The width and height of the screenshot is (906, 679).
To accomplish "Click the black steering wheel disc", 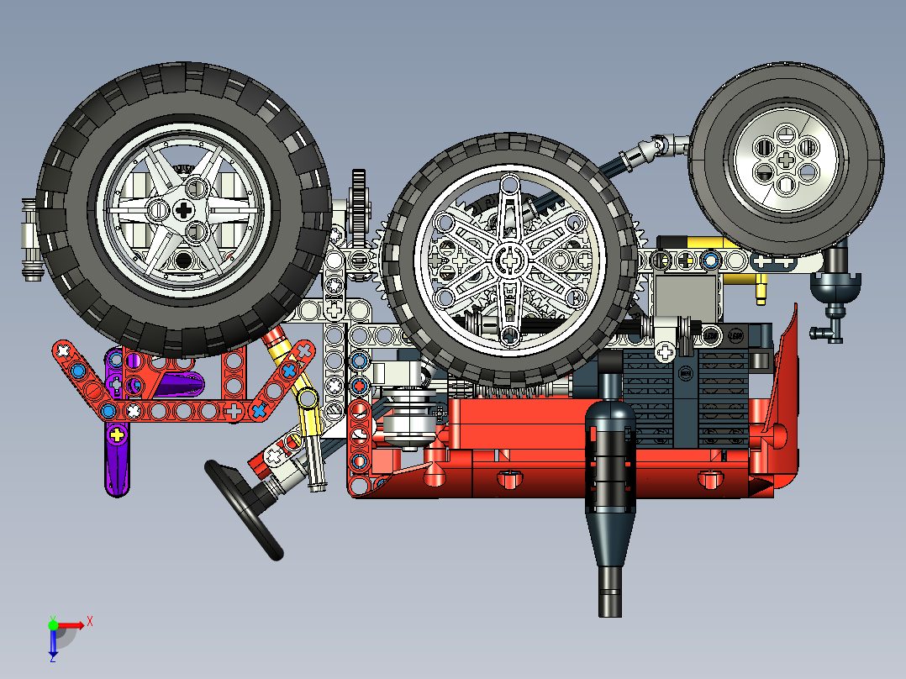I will pyautogui.click(x=243, y=508).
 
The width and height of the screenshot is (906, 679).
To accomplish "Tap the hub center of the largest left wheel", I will pyautogui.click(x=183, y=210).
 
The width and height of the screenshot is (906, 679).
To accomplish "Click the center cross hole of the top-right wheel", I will pyautogui.click(x=786, y=158).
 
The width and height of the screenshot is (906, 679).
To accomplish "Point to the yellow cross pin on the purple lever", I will pyautogui.click(x=117, y=434).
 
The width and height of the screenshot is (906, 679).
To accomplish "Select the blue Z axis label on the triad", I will pyautogui.click(x=52, y=658).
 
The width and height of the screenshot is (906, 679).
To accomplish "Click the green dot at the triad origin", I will pyautogui.click(x=53, y=624).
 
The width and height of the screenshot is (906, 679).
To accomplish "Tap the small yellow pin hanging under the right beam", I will pyautogui.click(x=761, y=290).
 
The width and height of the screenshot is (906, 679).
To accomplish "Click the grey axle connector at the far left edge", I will pyautogui.click(x=29, y=239).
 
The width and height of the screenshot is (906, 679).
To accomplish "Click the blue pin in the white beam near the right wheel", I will pyautogui.click(x=711, y=260).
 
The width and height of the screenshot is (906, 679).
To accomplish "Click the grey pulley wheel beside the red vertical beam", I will pyautogui.click(x=409, y=415).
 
